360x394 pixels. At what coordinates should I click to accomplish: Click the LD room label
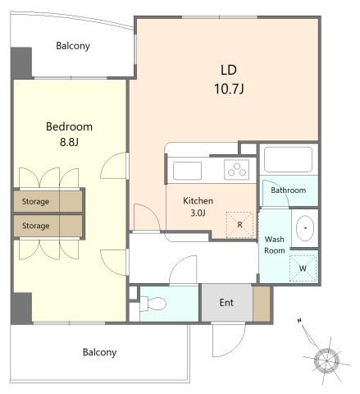(x=229, y=70)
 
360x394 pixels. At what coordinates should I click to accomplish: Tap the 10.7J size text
(x=229, y=89)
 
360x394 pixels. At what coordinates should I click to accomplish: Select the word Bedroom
(x=69, y=126)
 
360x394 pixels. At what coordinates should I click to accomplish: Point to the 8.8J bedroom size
(x=69, y=142)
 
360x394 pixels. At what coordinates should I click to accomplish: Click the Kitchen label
(x=198, y=201)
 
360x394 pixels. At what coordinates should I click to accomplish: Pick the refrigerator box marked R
(x=239, y=225)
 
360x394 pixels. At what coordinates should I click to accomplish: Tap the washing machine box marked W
(x=303, y=268)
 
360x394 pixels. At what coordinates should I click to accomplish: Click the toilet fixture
(x=153, y=303)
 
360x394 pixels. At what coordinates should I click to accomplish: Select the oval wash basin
(x=305, y=228)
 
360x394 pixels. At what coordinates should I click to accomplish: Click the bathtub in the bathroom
(x=288, y=160)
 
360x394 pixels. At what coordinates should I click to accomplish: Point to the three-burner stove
(x=237, y=169)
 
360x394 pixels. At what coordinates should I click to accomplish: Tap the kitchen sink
(x=188, y=171)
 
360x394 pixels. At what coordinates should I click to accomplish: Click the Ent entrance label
(x=226, y=303)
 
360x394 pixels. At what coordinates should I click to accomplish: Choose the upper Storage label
(x=35, y=202)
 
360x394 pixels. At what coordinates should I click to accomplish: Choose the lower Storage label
(x=36, y=226)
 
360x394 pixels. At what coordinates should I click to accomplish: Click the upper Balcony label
(x=73, y=46)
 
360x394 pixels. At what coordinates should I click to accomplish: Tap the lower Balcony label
(x=99, y=352)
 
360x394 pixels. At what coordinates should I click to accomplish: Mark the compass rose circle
(x=326, y=360)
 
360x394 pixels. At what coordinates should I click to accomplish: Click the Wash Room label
(x=275, y=245)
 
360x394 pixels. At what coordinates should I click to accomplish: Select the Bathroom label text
(x=289, y=190)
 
